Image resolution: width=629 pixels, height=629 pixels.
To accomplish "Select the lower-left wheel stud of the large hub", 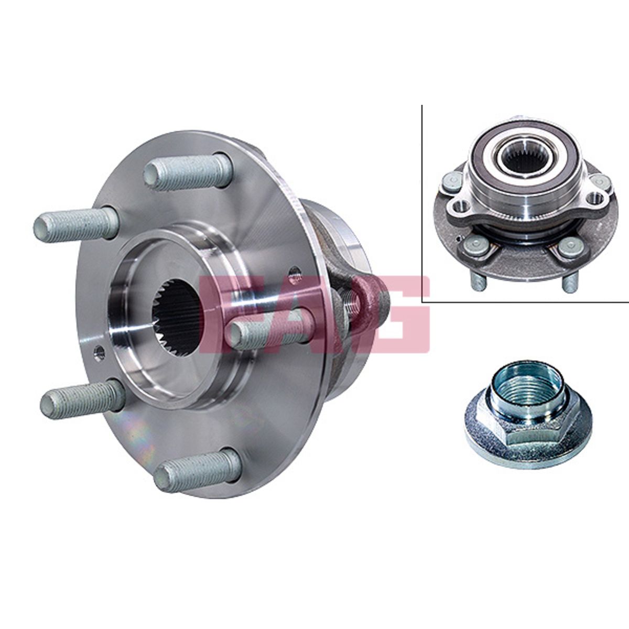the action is coord(82,399).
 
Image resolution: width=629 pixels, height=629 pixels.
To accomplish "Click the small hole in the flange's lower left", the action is coord(99,352).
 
